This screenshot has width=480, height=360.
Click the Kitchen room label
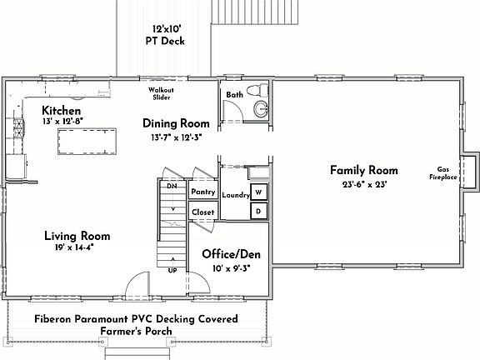pos(62,111)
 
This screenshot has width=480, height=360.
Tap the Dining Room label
pos(175,123)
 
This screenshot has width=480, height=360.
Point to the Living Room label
pos(77,236)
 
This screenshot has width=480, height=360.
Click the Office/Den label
pos(232,252)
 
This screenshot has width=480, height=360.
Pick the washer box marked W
pos(258,192)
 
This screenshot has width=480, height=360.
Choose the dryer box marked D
pos(258,212)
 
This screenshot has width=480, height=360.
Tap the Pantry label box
pos(203,192)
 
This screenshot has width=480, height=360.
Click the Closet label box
pos(203,212)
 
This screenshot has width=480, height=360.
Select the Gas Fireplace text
pos(447,172)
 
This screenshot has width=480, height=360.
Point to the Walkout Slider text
pos(160,93)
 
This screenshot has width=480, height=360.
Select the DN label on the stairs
pos(172,186)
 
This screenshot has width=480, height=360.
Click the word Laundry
pos(236,195)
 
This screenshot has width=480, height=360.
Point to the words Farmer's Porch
pos(136,331)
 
